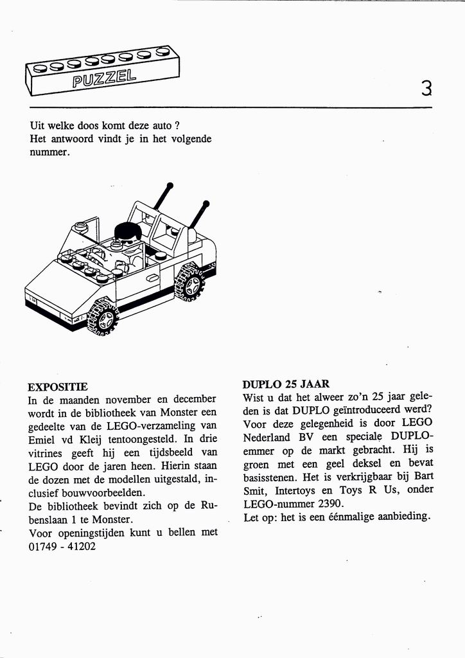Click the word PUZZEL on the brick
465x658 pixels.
click(104, 79)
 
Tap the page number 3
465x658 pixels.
click(426, 87)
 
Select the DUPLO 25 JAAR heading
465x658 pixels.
click(286, 384)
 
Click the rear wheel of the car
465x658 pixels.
click(191, 281)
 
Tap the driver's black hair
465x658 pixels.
click(128, 231)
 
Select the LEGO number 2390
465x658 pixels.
click(331, 503)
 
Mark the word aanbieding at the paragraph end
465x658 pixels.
click(399, 516)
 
